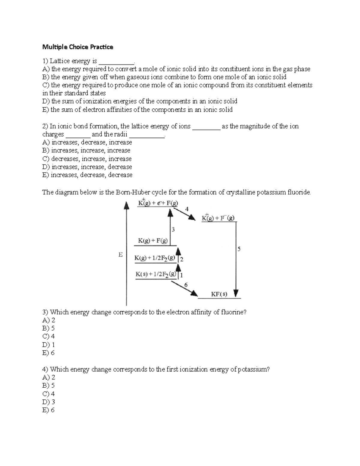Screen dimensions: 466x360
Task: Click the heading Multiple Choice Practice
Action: click(x=78, y=47)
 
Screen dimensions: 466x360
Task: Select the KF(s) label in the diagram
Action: click(x=219, y=294)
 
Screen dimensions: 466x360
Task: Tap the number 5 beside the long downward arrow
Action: click(x=239, y=249)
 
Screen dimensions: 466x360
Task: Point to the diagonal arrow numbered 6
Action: click(x=187, y=289)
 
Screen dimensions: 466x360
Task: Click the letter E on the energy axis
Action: click(x=121, y=255)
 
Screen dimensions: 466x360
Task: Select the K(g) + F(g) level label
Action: click(x=153, y=240)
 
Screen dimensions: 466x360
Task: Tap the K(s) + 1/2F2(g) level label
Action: click(x=156, y=274)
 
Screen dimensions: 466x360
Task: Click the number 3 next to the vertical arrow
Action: click(x=173, y=230)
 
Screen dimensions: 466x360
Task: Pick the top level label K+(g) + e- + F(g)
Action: click(x=158, y=203)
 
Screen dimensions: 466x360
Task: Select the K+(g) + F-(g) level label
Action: click(x=218, y=218)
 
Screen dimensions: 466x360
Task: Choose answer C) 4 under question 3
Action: click(x=49, y=336)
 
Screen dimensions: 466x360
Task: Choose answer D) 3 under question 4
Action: click(x=49, y=402)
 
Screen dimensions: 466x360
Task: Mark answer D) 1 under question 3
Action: click(x=49, y=344)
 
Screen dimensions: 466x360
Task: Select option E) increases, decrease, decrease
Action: click(x=87, y=175)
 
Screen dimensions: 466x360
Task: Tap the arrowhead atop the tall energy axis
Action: click(x=127, y=205)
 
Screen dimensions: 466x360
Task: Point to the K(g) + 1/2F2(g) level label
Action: click(x=155, y=258)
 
